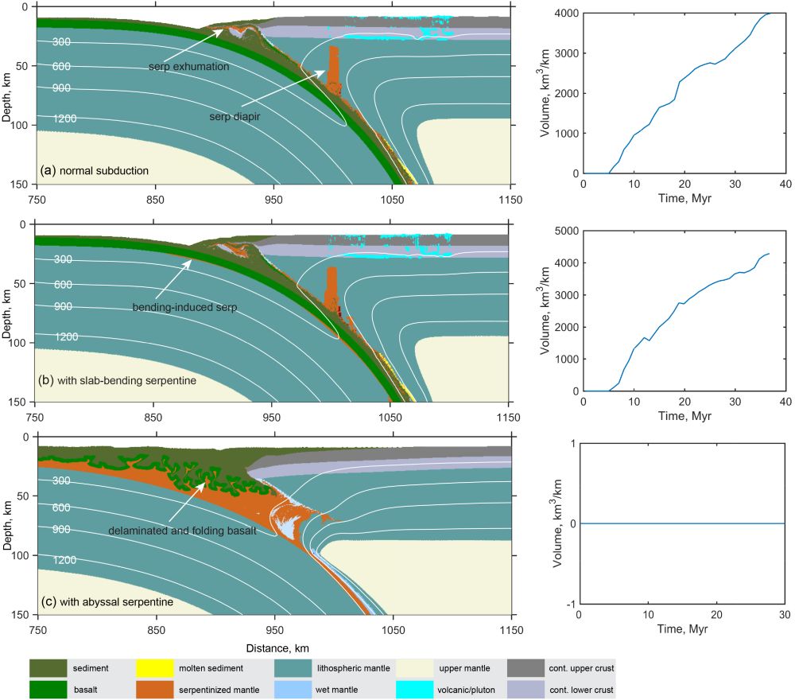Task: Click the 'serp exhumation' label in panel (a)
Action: pos(188,67)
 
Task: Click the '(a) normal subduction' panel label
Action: pos(95,170)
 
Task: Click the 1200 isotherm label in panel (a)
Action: pos(66,119)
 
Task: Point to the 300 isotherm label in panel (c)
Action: pos(64,480)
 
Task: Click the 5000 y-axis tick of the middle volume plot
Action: pos(564,231)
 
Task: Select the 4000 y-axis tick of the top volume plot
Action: pos(565,13)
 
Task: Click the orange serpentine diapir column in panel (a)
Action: pos(335,64)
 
